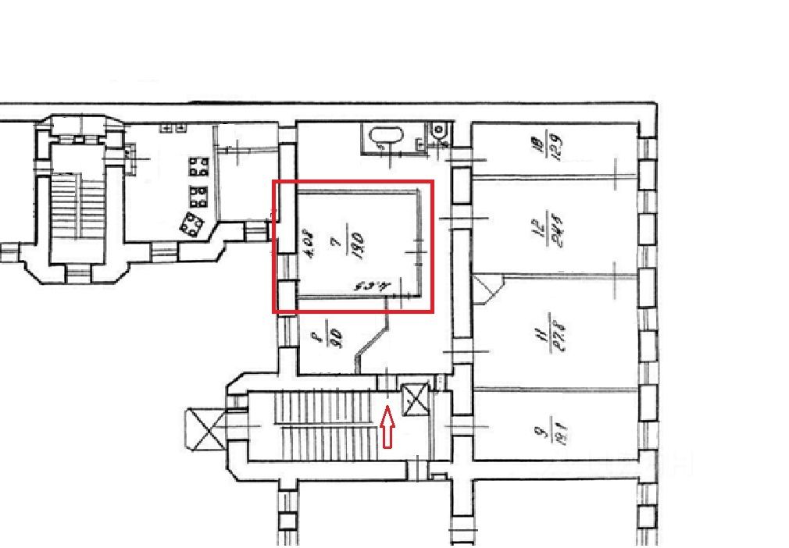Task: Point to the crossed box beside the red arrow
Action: click(x=415, y=399)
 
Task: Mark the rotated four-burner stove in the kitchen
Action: click(x=191, y=224)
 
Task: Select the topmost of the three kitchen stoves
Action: click(x=198, y=166)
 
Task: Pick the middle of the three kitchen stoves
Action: click(x=198, y=194)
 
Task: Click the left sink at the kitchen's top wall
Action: click(x=166, y=126)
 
